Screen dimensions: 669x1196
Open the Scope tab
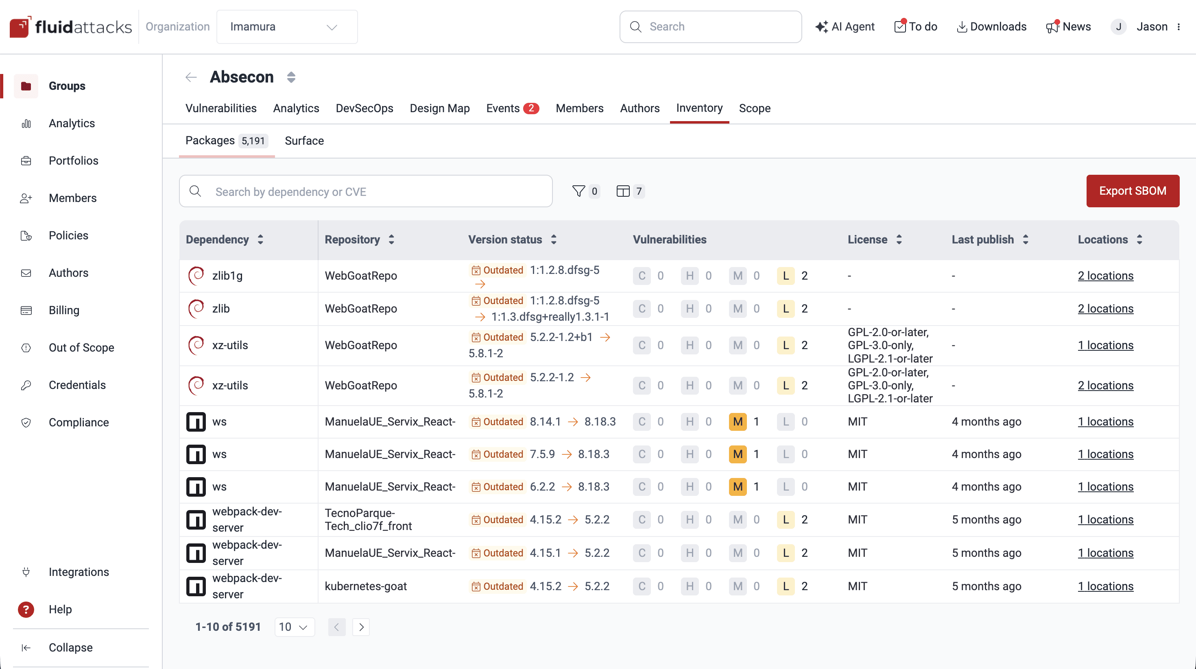755,108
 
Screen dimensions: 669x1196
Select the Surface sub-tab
304,141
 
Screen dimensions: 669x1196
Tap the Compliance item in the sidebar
79,422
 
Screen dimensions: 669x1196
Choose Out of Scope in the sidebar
81,348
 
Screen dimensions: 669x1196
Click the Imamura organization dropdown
286,27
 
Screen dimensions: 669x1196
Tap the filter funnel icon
578,191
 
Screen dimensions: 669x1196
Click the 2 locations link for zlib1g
1105,276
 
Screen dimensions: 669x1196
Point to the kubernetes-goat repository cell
366,586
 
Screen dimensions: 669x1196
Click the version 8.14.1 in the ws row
545,422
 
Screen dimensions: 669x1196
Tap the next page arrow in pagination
361,627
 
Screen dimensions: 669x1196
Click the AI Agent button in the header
845,27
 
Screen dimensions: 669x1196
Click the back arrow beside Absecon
191,77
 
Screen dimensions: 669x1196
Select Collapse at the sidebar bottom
70,647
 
